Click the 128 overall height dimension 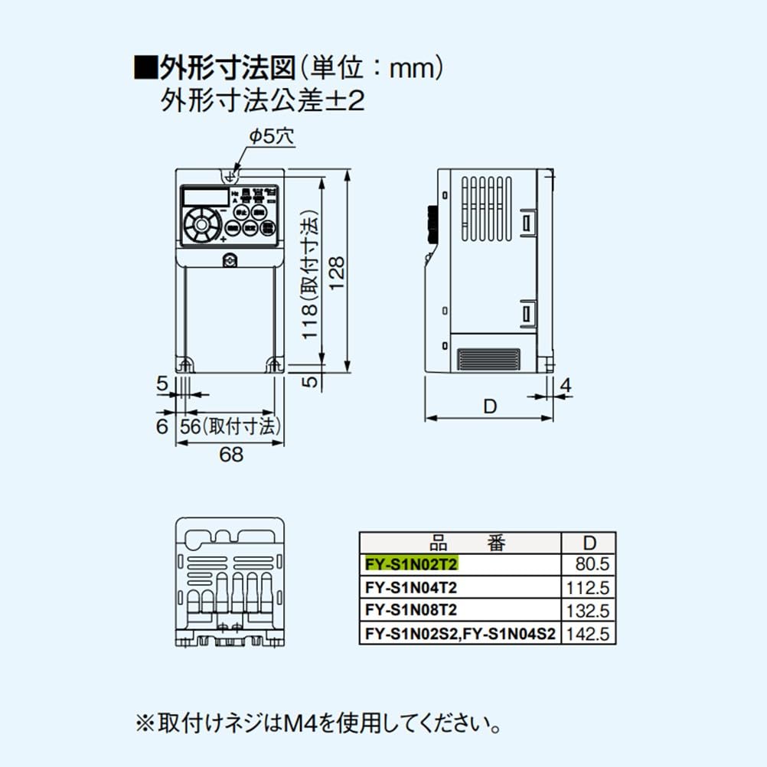click(x=338, y=272)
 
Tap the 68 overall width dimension click(x=230, y=454)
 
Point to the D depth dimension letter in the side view click(x=489, y=406)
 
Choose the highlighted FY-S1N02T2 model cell click(x=411, y=565)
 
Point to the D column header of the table click(x=589, y=543)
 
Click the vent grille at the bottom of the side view click(x=488, y=359)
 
